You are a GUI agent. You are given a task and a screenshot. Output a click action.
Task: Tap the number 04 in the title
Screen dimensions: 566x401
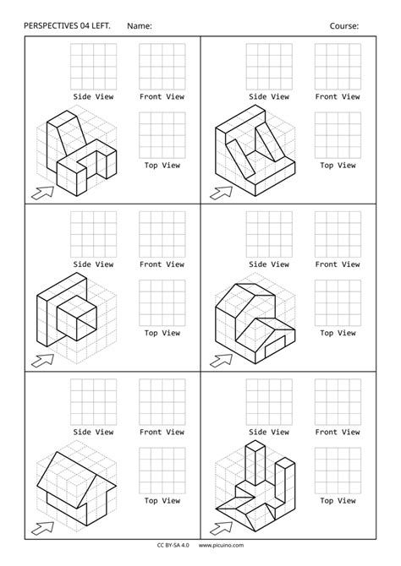click(x=96, y=26)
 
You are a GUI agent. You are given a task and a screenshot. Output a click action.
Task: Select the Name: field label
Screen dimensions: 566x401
click(x=139, y=26)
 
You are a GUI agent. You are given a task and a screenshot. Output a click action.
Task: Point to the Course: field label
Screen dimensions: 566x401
click(x=344, y=26)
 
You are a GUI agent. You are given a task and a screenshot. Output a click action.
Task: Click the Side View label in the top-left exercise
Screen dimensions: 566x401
click(x=93, y=96)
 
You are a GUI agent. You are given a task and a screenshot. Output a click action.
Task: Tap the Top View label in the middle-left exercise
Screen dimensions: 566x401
click(x=162, y=333)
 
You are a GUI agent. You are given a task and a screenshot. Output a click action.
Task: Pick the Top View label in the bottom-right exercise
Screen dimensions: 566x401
click(x=338, y=500)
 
